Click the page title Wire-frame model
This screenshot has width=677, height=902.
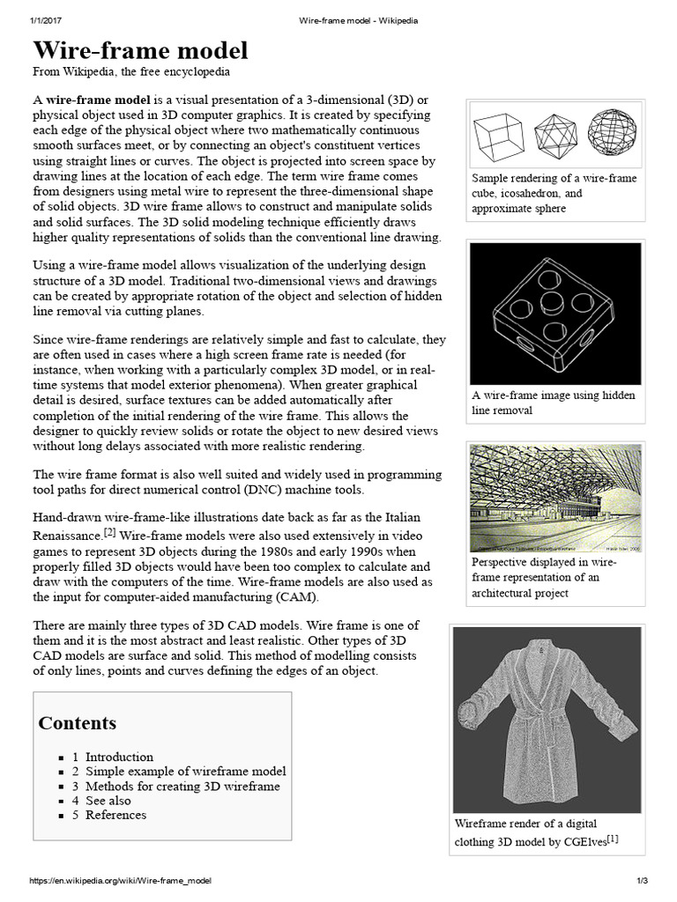[140, 49]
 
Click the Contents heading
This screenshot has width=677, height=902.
[77, 723]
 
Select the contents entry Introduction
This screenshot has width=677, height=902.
[119, 757]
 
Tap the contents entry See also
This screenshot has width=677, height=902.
[108, 801]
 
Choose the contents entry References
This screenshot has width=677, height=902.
[115, 815]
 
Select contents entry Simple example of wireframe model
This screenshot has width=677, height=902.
[185, 772]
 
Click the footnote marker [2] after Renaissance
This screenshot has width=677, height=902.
[110, 533]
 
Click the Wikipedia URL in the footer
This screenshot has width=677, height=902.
[121, 881]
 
